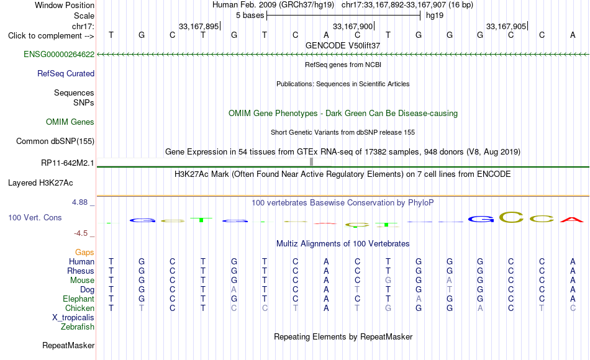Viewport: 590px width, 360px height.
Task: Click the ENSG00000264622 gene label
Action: tap(59, 54)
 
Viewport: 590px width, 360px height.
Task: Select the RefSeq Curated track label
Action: tap(66, 73)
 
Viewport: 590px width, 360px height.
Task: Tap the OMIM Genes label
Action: tap(70, 122)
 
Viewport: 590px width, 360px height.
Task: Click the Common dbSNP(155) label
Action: tap(55, 141)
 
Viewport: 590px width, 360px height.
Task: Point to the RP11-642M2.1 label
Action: tap(68, 163)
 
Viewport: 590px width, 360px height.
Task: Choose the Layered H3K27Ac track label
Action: tap(40, 183)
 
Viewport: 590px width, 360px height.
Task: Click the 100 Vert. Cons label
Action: tap(35, 217)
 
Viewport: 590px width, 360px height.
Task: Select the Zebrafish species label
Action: tap(78, 326)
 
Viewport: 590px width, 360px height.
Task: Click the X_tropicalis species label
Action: tap(73, 318)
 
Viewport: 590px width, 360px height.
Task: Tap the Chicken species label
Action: tap(79, 308)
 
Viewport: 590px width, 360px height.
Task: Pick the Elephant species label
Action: tap(79, 299)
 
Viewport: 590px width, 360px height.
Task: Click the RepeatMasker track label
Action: tap(68, 345)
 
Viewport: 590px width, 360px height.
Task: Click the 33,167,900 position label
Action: tap(353, 26)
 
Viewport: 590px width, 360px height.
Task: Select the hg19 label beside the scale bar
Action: tap(435, 16)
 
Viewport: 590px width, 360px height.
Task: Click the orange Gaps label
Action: tap(84, 252)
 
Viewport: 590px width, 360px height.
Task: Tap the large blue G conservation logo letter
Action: tap(481, 219)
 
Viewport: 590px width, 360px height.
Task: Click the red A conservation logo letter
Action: tap(573, 219)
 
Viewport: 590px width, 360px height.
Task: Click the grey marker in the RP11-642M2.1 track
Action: tap(311, 162)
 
